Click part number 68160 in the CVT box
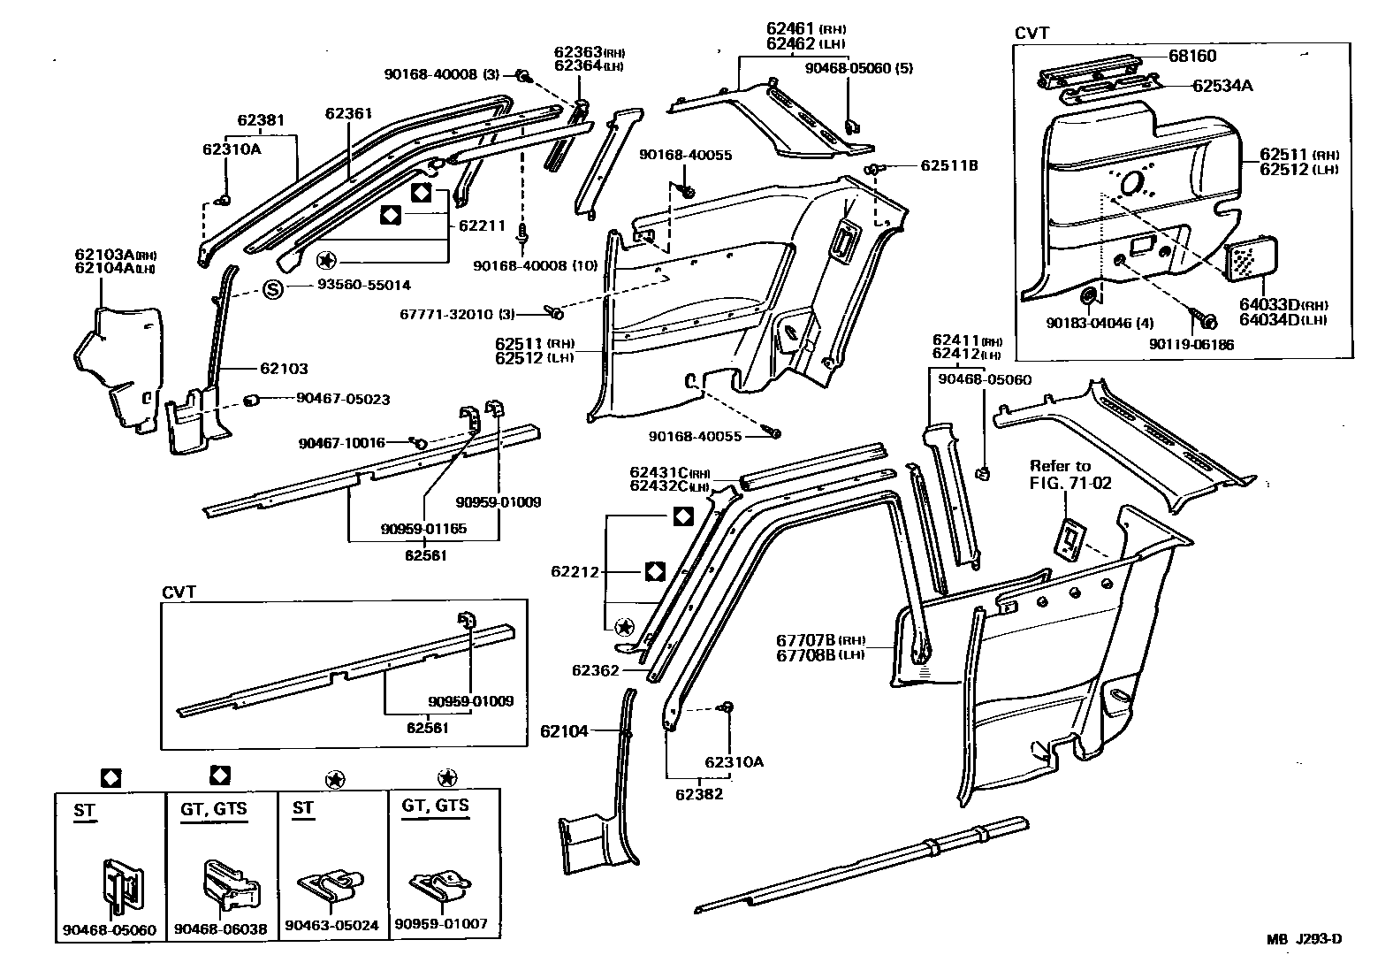1192,56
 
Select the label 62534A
1222,86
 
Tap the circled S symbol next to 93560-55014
274,288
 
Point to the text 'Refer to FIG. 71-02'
1070,475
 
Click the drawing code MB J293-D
1306,939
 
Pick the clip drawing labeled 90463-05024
332,886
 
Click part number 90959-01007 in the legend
441,924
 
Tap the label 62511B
949,165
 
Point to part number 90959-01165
423,529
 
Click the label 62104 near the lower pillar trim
565,731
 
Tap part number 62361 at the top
348,113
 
